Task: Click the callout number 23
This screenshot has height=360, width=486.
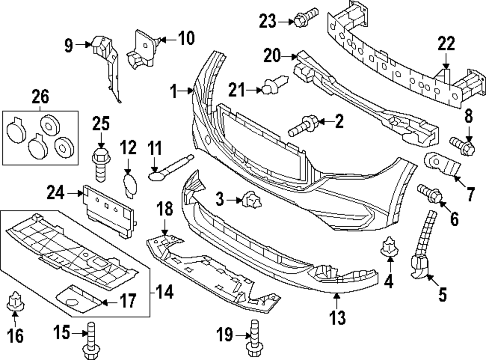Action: tap(267, 21)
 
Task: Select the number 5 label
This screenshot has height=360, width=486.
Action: tap(443, 294)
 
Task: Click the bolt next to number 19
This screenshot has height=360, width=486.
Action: tap(253, 336)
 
